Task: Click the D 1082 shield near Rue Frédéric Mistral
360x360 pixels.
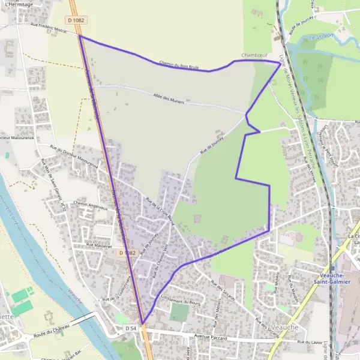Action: pos(77,20)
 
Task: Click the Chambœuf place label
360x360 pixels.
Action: pos(253,55)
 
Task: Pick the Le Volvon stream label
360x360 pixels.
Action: pos(320,38)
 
